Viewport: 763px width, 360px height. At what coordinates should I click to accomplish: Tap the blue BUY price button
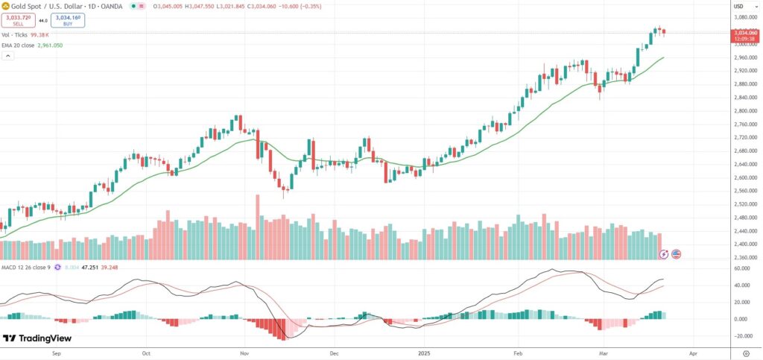pyautogui.click(x=66, y=21)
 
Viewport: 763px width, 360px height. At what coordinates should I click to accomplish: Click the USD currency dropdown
pyautogui.click(x=739, y=6)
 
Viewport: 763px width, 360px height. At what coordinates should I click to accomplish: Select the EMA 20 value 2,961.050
pyautogui.click(x=50, y=45)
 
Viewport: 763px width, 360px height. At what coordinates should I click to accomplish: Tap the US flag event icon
pyautogui.click(x=677, y=253)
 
